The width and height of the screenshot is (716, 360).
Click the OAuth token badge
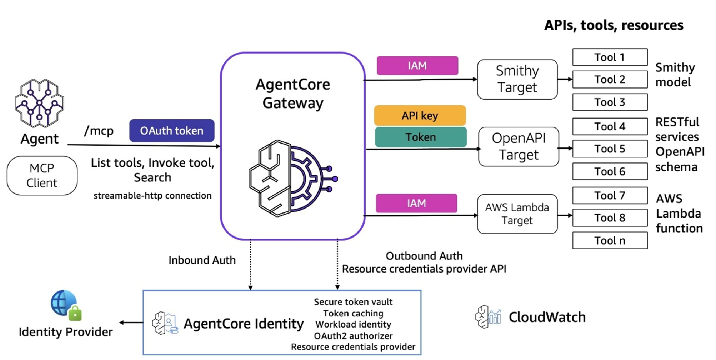tap(172, 131)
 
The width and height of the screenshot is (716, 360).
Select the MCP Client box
tap(42, 176)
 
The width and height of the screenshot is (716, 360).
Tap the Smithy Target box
tap(517, 79)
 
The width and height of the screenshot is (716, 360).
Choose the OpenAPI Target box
tap(519, 147)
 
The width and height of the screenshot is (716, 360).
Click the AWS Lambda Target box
tap(517, 214)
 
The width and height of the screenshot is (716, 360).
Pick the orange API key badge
tap(420, 115)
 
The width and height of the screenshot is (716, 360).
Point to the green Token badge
tap(421, 137)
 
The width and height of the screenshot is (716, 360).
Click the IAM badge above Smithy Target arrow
tap(417, 66)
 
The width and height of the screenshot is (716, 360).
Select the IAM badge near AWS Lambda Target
tap(416, 203)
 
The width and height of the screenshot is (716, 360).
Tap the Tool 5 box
tap(610, 149)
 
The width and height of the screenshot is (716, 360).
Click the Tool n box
tap(610, 240)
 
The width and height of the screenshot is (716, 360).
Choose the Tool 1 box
tap(610, 57)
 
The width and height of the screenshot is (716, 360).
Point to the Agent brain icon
tap(39, 104)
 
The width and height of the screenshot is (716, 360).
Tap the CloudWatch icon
tap(488, 316)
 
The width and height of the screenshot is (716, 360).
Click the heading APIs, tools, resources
tap(614, 25)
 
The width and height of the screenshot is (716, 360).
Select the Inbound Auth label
tap(202, 260)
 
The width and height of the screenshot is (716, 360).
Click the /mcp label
tap(99, 131)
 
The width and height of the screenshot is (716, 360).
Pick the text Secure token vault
tap(353, 302)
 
